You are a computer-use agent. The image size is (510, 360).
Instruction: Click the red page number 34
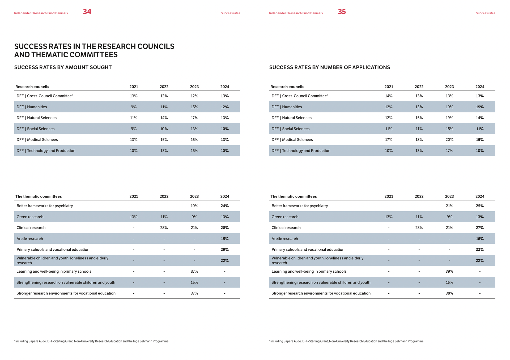point(87,12)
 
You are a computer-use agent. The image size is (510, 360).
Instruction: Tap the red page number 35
point(342,12)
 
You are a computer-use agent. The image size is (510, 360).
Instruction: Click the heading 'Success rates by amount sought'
point(63,67)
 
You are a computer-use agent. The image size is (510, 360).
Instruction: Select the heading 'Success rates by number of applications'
point(330,67)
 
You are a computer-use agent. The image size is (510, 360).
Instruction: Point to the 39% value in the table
point(449,271)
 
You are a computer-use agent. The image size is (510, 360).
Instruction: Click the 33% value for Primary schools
point(480,250)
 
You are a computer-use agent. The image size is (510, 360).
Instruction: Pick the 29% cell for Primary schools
point(225,250)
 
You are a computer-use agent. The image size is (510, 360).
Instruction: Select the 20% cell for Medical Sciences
point(449,140)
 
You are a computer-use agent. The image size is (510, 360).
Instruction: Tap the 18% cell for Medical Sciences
point(419,140)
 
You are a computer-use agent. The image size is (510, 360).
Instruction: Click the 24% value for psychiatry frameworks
point(225,206)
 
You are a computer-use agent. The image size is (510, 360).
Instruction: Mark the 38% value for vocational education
point(449,293)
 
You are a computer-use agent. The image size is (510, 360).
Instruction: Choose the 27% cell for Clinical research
point(480,228)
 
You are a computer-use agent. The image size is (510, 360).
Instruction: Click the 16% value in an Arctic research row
point(480,239)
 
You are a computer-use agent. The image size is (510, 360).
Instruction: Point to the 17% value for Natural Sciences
point(194,118)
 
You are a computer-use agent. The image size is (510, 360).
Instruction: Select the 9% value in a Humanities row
point(134,107)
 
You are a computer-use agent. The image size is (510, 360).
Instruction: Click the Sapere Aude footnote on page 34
point(91,341)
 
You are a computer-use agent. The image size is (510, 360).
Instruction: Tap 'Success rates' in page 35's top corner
point(485,13)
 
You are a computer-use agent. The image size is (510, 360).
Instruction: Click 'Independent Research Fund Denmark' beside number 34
point(41,13)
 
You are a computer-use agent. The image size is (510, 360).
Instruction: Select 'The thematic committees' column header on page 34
point(39,196)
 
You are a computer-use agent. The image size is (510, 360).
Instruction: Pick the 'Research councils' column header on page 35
point(287,87)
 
